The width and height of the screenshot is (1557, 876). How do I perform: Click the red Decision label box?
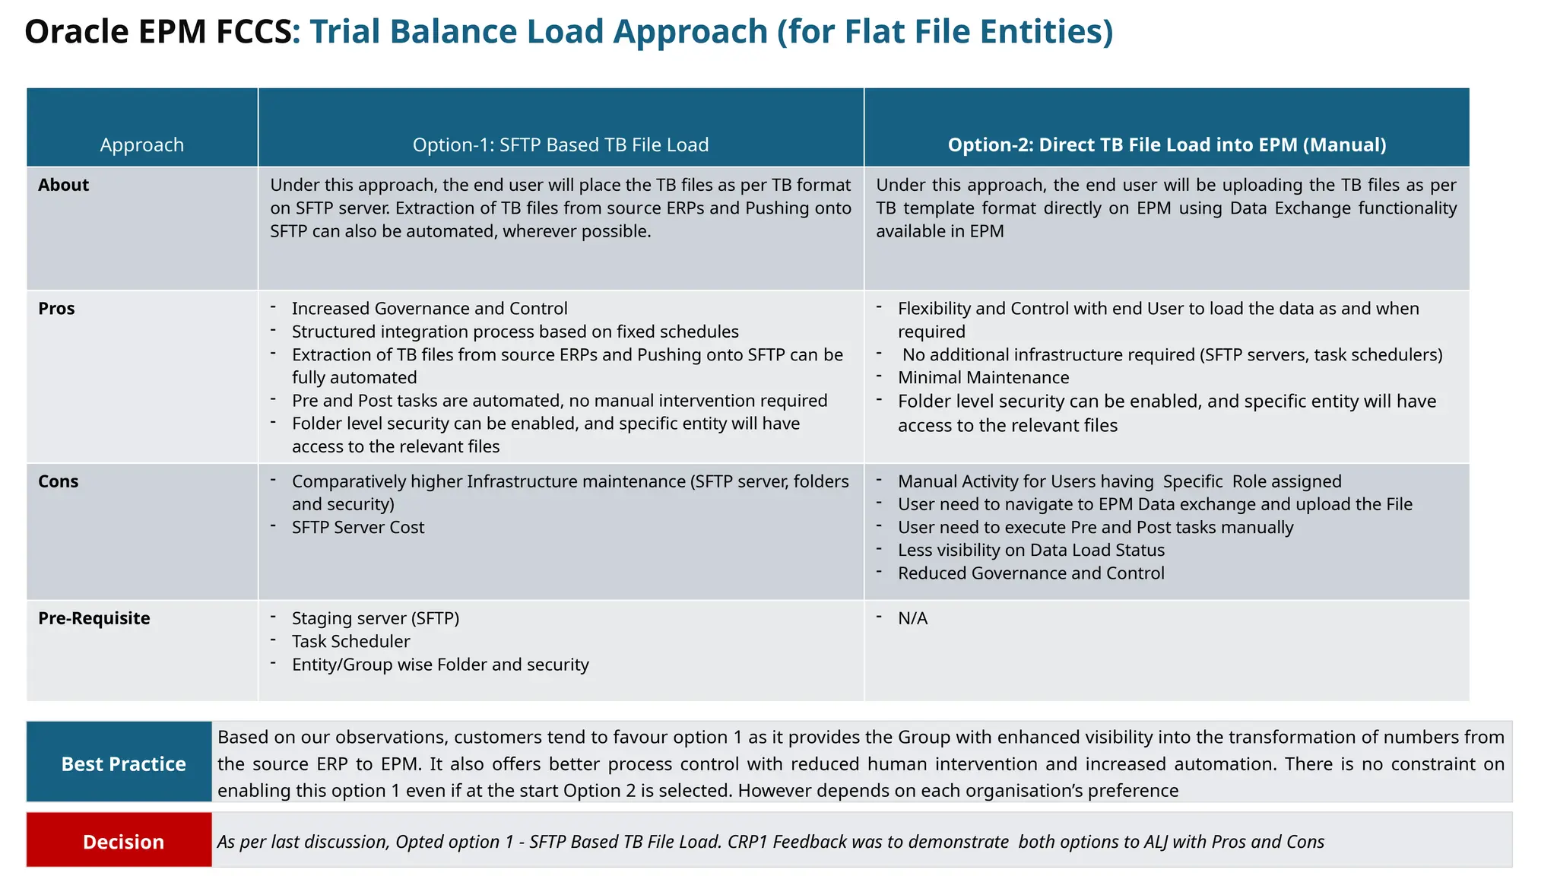pyautogui.click(x=119, y=840)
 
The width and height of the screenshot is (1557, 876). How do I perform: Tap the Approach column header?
pyautogui.click(x=142, y=144)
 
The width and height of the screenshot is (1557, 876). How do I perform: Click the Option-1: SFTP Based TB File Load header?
pyautogui.click(x=560, y=144)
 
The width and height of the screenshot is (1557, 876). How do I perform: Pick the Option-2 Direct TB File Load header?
pyautogui.click(x=1166, y=144)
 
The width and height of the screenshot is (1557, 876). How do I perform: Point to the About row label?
pyautogui.click(x=64, y=185)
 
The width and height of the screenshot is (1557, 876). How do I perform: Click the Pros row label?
pyautogui.click(x=57, y=308)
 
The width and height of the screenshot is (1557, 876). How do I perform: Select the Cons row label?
pyautogui.click(x=59, y=481)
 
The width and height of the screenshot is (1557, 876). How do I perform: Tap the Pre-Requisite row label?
pyautogui.click(x=94, y=618)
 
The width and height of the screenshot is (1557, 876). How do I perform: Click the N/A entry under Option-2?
pyautogui.click(x=912, y=618)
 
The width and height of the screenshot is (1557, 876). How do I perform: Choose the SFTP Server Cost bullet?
pyautogui.click(x=358, y=527)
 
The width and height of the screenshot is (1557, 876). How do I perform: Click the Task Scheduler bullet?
pyautogui.click(x=350, y=641)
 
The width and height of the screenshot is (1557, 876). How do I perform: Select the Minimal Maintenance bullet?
pyautogui.click(x=983, y=377)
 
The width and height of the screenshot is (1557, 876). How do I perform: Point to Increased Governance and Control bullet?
pyautogui.click(x=430, y=308)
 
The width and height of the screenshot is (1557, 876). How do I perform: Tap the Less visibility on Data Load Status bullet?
pyautogui.click(x=1031, y=550)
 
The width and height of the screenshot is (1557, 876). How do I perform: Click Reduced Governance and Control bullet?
pyautogui.click(x=1031, y=573)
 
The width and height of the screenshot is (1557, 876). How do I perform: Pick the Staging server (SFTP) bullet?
pyautogui.click(x=376, y=618)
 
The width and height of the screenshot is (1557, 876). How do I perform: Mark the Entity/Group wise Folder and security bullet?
pyautogui.click(x=440, y=664)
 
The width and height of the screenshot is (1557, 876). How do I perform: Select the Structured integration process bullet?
pyautogui.click(x=515, y=332)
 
